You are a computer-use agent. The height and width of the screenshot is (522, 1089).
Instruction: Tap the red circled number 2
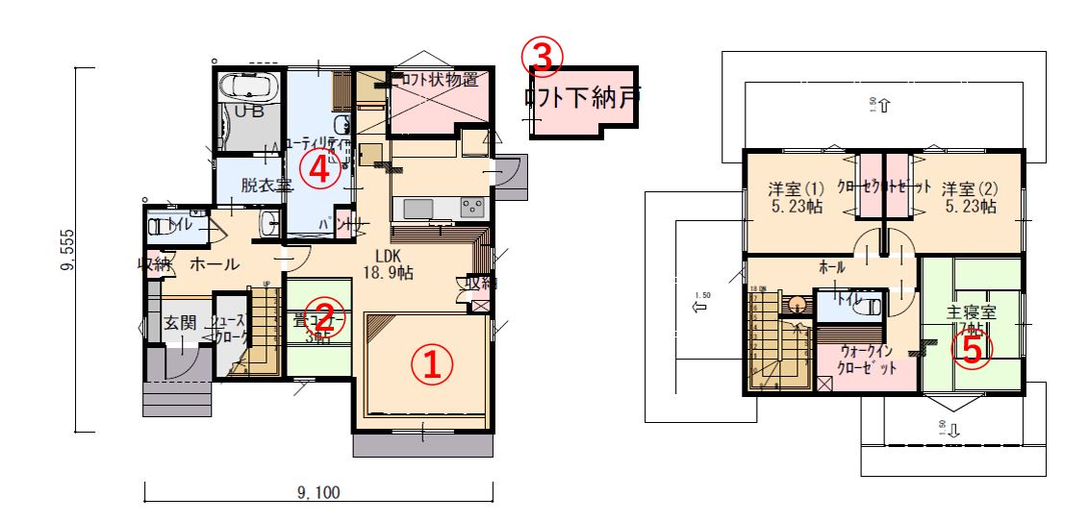pos(326,314)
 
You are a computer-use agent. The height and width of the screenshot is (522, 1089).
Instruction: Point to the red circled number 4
pos(317,170)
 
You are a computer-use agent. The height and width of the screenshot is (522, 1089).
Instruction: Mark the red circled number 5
pos(972,349)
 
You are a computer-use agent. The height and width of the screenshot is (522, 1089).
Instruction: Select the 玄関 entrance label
pos(179,323)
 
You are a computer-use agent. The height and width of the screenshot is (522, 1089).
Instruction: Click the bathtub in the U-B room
pos(250,87)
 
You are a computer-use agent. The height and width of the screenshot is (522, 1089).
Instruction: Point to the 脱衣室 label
pos(266,185)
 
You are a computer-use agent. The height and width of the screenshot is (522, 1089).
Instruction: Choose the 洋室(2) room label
pos(969,196)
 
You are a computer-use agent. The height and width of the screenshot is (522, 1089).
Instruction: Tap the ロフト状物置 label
pos(438,80)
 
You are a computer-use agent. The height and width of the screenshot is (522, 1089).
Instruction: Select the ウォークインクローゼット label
pos(868,360)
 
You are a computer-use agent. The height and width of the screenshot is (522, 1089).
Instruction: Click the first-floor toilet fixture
pos(158,228)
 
